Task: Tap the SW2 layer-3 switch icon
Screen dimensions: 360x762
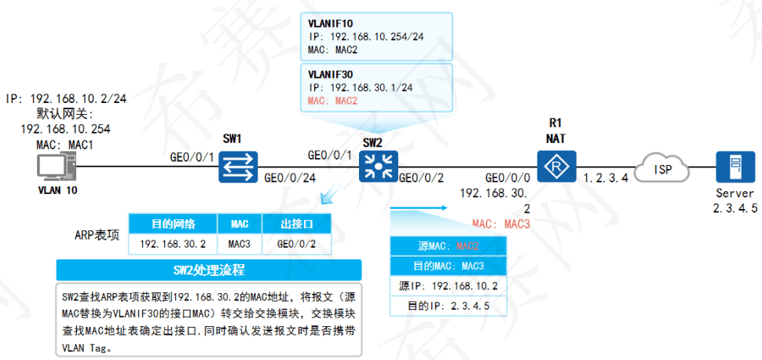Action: pyautogui.click(x=372, y=166)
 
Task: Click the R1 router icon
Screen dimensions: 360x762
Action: pyautogui.click(x=556, y=166)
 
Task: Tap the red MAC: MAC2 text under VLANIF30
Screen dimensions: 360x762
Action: pyautogui.click(x=333, y=101)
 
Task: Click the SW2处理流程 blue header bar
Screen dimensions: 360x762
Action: pyautogui.click(x=209, y=270)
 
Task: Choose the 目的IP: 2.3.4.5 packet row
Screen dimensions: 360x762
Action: pyautogui.click(x=445, y=305)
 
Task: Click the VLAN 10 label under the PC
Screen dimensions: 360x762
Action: pyautogui.click(x=57, y=190)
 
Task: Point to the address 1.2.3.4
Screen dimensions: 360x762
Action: pyautogui.click(x=606, y=179)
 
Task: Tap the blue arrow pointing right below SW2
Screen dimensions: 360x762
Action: pyautogui.click(x=416, y=208)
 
